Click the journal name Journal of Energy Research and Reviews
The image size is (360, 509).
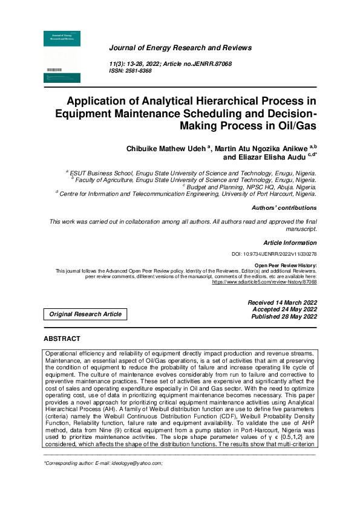click(180, 48)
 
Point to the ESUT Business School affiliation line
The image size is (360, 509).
click(192, 173)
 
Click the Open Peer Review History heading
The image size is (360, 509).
click(285, 265)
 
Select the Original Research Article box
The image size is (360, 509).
click(85, 314)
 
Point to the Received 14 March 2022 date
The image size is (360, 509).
click(282, 302)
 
